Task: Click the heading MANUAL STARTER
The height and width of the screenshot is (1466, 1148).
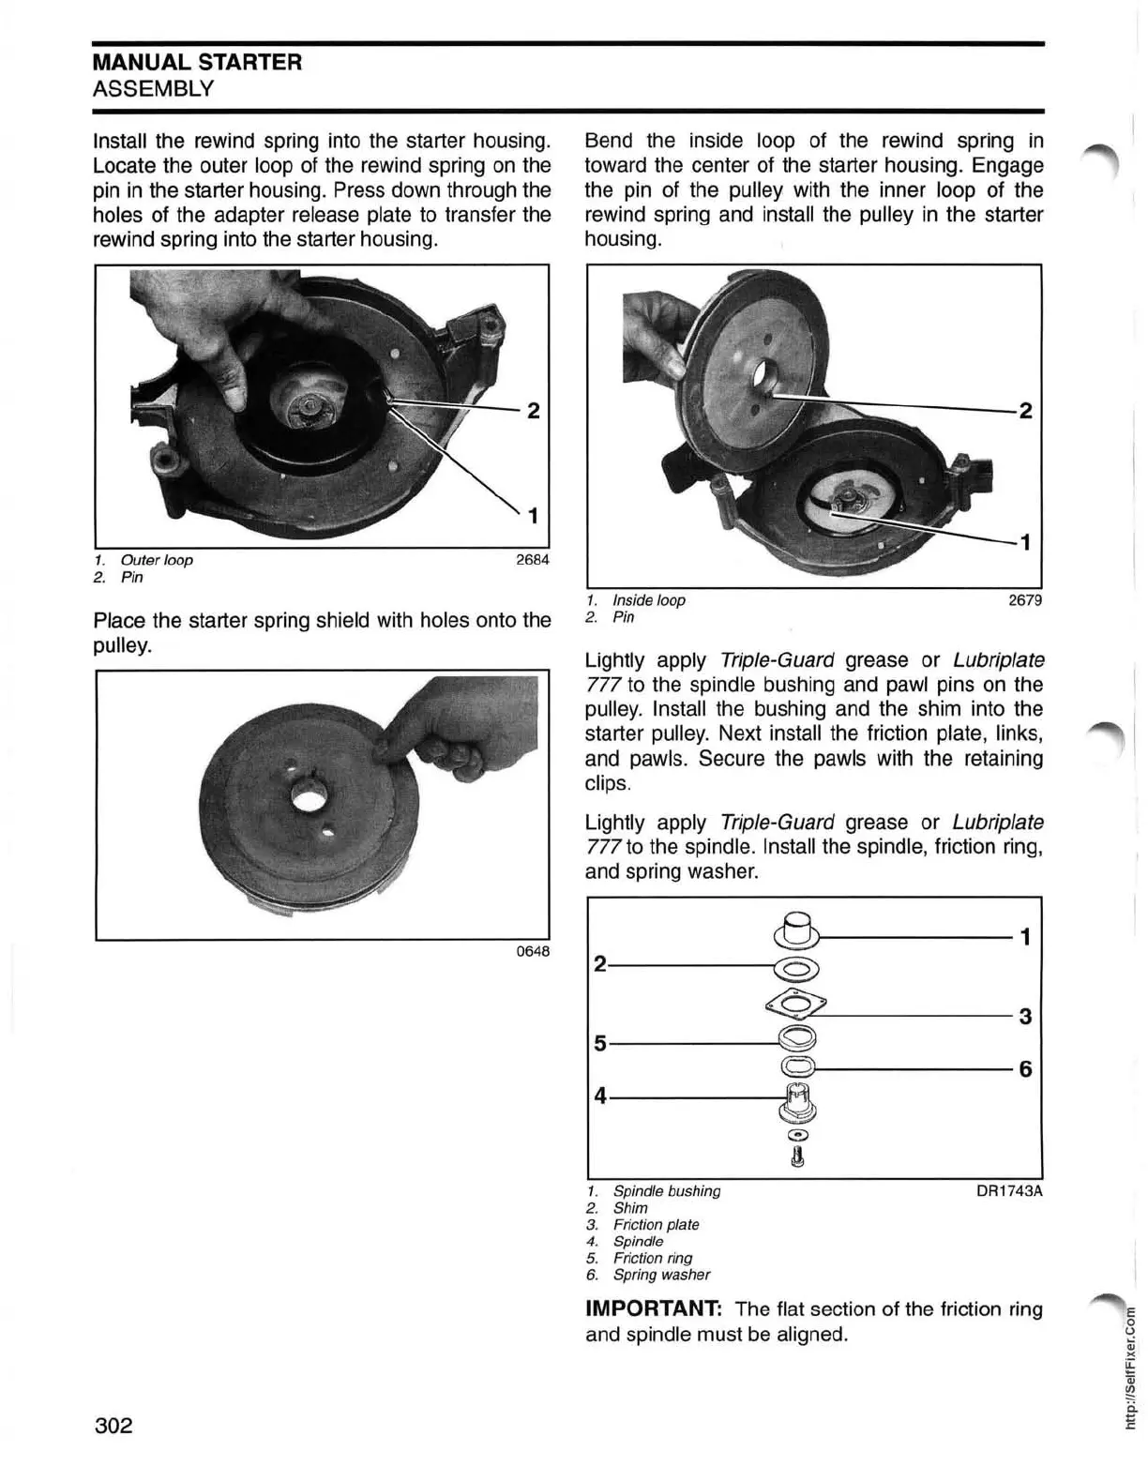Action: tap(197, 63)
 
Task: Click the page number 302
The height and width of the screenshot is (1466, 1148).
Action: tap(113, 1427)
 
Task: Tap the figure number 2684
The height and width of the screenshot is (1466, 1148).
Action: tap(532, 560)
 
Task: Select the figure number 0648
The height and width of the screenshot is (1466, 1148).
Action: tap(533, 952)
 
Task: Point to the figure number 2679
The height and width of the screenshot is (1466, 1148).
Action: tap(1024, 600)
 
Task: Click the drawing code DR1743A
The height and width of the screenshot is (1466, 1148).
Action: tap(1009, 1191)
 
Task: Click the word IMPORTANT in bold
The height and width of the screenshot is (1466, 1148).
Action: tap(654, 1309)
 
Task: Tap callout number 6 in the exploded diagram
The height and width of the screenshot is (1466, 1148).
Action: tap(1025, 1069)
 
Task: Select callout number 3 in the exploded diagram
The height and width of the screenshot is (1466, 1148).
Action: tap(1025, 1017)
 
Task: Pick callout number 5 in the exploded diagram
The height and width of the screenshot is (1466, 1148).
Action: tap(600, 1043)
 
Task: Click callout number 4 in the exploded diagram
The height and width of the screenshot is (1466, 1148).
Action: tap(600, 1096)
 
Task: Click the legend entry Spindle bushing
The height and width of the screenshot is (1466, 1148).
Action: tap(666, 1191)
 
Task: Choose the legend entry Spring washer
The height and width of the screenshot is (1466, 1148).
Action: tap(660, 1275)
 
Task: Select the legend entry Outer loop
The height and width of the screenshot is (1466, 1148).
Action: tap(156, 560)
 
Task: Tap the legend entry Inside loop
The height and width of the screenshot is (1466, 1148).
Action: tap(648, 600)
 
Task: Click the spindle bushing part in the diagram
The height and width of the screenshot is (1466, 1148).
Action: tap(797, 929)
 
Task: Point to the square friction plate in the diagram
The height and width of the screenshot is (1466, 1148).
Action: tap(796, 1005)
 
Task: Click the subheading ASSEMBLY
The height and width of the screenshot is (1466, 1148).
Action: tap(153, 89)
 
